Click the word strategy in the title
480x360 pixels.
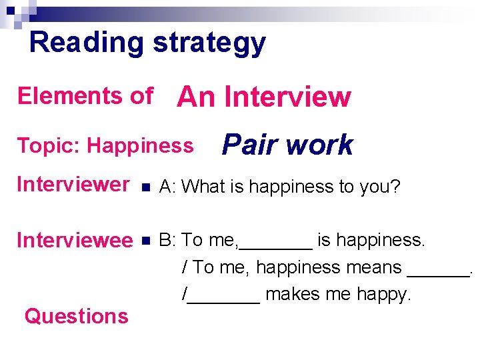[x=209, y=43]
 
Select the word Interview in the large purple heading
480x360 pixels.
[x=287, y=97]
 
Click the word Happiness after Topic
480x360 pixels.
[x=140, y=145]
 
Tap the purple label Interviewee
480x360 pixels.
[x=75, y=240]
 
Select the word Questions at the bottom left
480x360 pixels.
[x=76, y=315]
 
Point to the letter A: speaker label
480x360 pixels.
[x=167, y=187]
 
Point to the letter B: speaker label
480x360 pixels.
[x=167, y=239]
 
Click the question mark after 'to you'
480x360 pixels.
[x=396, y=187]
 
